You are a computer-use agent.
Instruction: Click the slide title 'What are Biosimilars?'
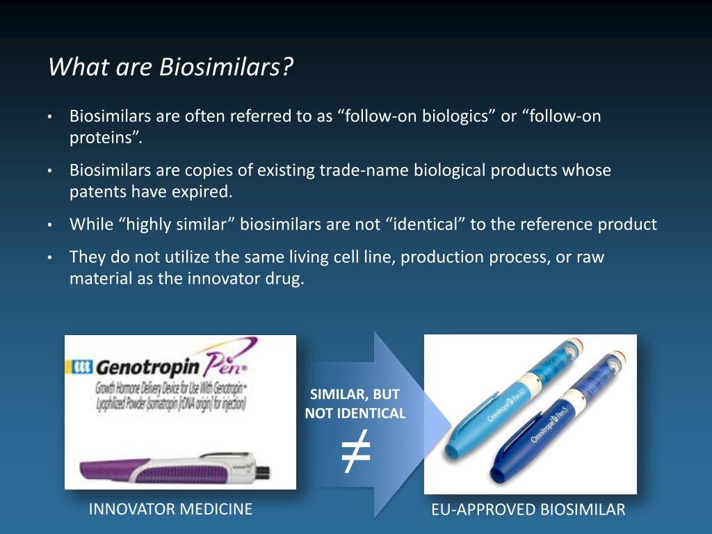tap(171, 68)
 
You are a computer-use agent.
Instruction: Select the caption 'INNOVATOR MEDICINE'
tap(170, 509)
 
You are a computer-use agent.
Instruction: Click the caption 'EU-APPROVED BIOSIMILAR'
tap(528, 510)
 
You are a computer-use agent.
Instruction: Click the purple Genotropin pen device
tap(174, 470)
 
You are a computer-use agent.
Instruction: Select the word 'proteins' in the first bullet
tap(103, 137)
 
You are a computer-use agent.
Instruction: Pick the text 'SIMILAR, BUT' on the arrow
tap(355, 395)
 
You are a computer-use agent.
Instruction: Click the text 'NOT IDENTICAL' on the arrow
tap(355, 413)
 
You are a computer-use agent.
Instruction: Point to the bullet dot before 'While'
tap(50, 225)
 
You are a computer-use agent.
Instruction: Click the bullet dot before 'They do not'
tap(50, 258)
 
